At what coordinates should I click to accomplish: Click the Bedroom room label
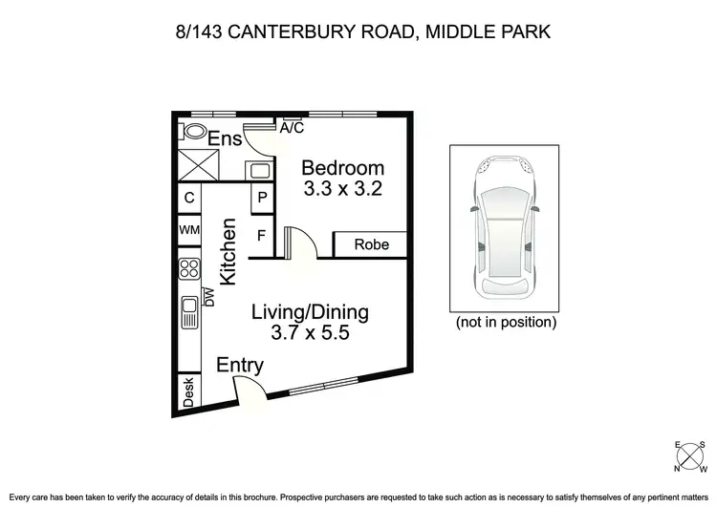click(x=343, y=168)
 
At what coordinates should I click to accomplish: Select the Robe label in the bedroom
click(x=372, y=244)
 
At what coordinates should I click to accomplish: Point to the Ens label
click(x=226, y=139)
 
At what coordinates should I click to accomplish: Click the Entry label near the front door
click(x=240, y=366)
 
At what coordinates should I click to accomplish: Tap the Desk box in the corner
click(x=188, y=393)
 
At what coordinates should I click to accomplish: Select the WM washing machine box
click(x=188, y=230)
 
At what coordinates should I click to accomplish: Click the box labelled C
click(x=189, y=199)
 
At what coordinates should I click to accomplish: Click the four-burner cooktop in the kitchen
click(x=188, y=269)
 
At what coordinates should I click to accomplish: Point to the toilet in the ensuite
click(x=194, y=132)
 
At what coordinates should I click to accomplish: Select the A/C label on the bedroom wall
click(x=291, y=127)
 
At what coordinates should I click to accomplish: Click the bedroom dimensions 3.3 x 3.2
click(x=343, y=189)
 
